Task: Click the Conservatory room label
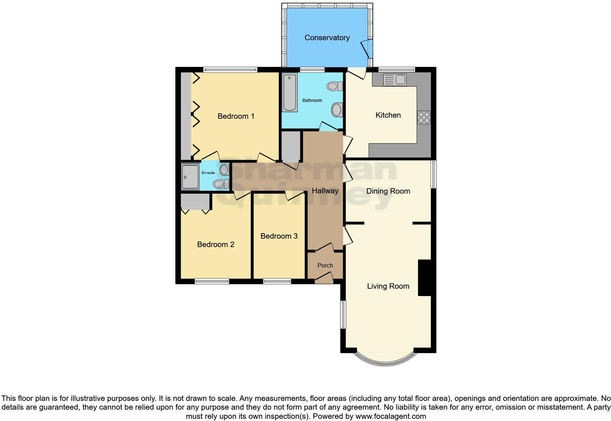327,38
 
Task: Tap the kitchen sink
395,80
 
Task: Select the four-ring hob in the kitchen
424,117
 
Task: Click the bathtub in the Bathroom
290,92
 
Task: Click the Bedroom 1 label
236,116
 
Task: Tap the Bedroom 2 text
216,244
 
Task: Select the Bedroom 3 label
279,236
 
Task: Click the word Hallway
325,191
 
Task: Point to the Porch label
325,266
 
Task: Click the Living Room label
388,286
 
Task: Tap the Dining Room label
388,191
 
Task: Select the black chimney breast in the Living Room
425,278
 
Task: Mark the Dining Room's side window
433,174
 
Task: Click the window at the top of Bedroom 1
230,69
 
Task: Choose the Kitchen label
388,115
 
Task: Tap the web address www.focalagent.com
391,416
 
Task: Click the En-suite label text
208,173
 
